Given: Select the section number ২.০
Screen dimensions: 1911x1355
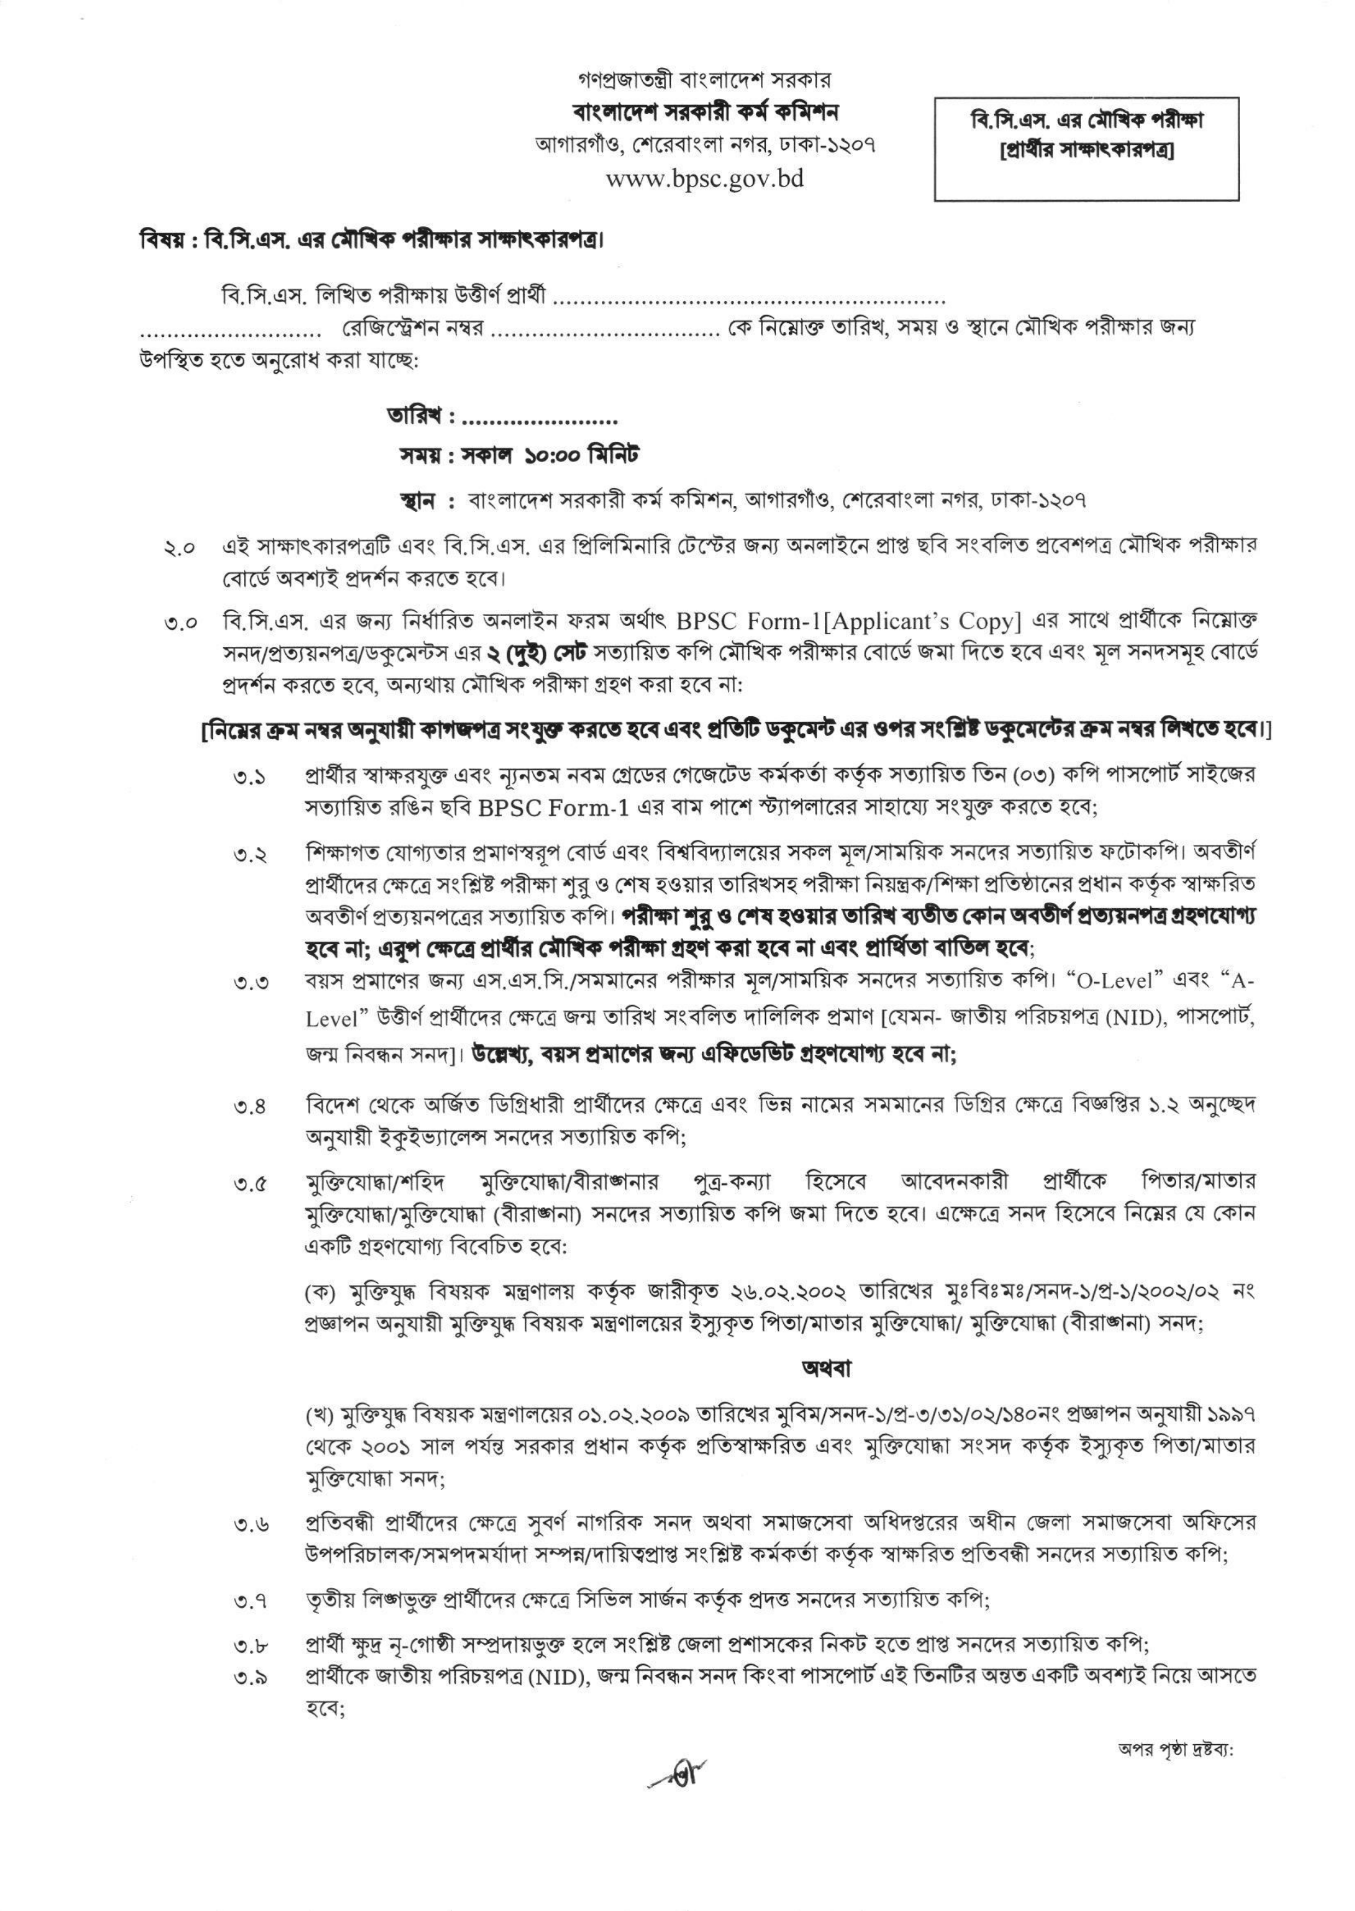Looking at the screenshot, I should [180, 548].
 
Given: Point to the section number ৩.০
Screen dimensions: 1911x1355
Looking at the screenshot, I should [180, 623].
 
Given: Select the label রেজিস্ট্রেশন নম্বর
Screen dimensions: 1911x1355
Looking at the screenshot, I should [414, 328].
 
